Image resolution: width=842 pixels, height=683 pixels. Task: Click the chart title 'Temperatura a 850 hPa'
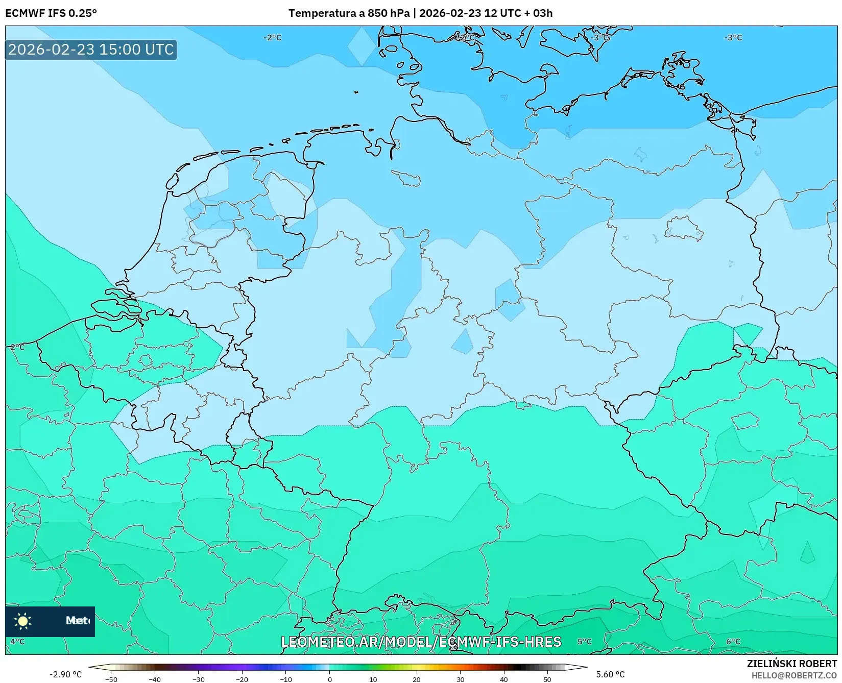point(349,13)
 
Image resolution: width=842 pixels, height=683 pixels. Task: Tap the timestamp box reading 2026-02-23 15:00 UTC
point(91,50)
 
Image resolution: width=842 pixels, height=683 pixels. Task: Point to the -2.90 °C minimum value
point(65,674)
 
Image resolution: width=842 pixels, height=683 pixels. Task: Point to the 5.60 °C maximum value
point(610,674)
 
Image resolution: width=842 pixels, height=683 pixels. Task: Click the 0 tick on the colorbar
point(329,679)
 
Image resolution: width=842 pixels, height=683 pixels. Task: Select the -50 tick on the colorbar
point(111,679)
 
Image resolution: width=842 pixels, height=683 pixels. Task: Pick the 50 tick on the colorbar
point(547,679)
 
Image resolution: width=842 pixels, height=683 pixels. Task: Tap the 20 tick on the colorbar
point(417,679)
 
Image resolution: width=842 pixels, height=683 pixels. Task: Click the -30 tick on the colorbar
point(198,679)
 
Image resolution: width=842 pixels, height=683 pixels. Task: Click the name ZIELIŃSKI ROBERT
point(791,664)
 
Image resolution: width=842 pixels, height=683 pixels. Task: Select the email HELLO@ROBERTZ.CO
point(793,675)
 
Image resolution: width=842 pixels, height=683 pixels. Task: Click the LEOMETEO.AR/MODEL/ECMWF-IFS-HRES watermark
point(421,642)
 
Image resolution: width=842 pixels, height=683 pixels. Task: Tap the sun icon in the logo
point(23,621)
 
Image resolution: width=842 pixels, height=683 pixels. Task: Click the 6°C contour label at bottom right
point(733,642)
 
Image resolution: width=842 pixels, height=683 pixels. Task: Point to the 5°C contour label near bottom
point(585,642)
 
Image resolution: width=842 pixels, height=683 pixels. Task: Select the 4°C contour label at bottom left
point(17,642)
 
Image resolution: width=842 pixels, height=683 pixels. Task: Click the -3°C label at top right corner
point(733,38)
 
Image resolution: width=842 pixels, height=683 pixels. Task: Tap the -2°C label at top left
point(272,38)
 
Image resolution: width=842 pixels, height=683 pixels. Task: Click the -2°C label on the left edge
point(17,347)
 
